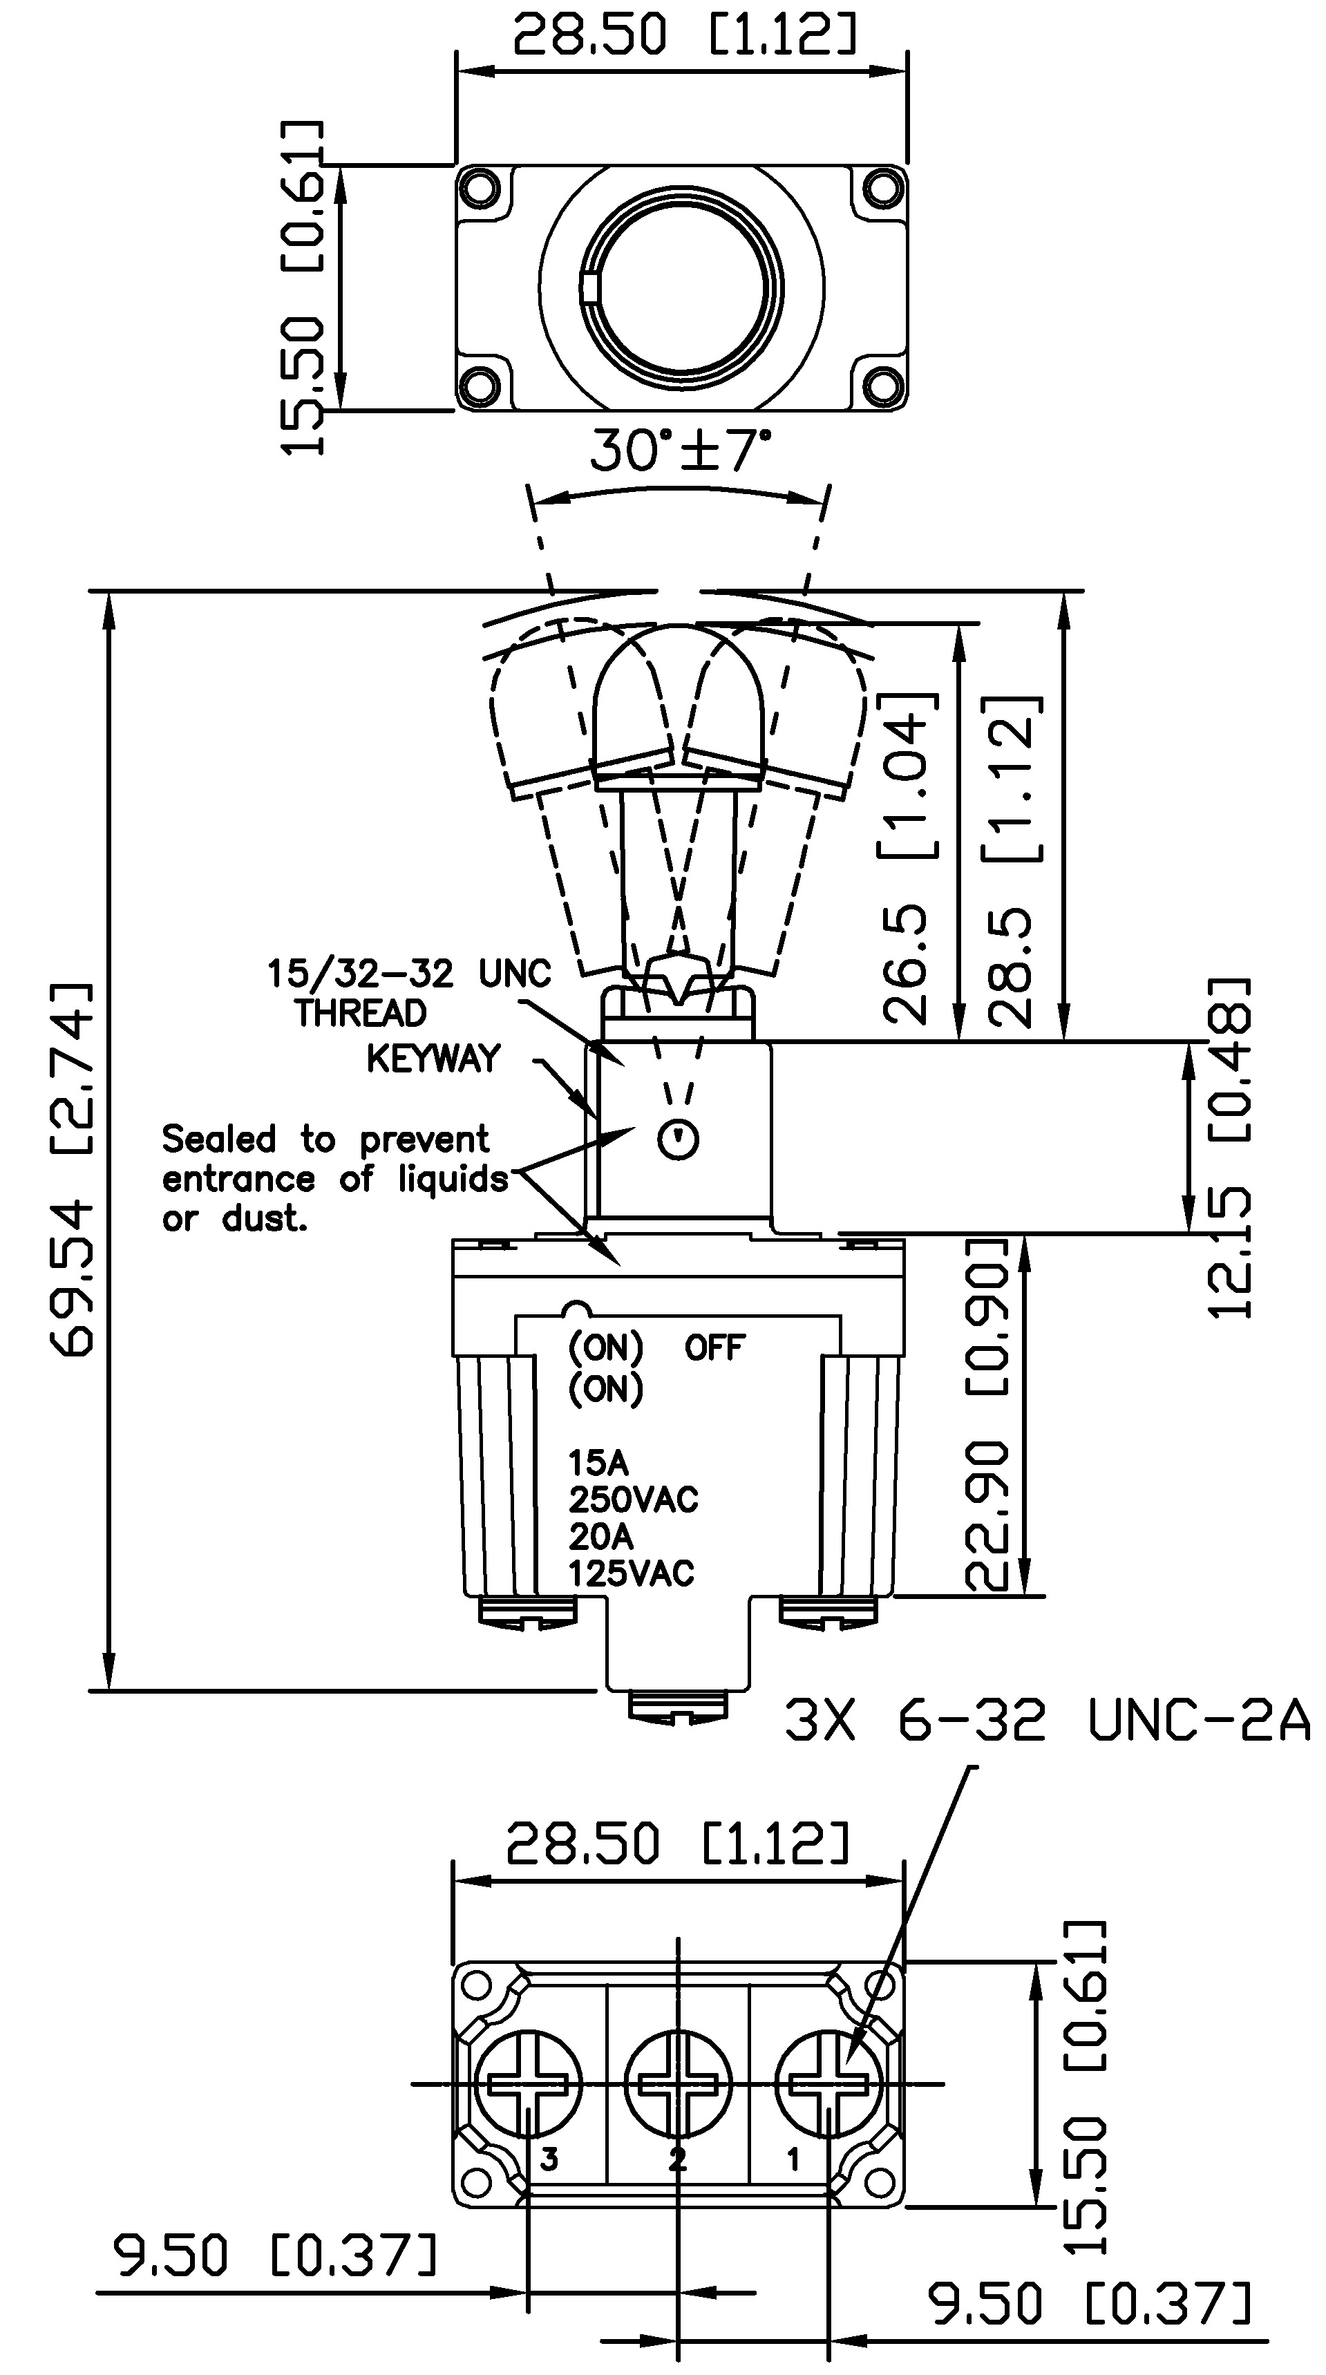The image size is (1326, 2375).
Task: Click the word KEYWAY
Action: point(433,1059)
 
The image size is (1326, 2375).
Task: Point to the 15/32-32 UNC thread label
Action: point(408,974)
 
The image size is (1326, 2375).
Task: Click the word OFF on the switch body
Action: point(714,1349)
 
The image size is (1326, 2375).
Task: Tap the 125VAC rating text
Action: point(632,1573)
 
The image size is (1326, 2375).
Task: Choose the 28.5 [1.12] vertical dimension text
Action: point(1014,862)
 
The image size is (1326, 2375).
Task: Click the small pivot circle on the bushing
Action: point(679,1140)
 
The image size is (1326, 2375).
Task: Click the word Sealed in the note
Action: point(218,1139)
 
